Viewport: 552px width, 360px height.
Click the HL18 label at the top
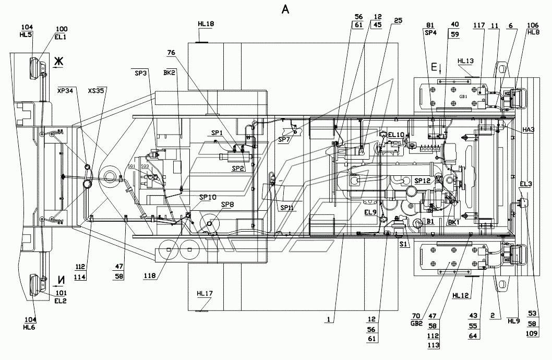(206, 24)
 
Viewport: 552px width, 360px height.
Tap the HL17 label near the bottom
(205, 293)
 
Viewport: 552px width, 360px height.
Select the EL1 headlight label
(61, 37)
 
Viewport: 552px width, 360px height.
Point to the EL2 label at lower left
(62, 301)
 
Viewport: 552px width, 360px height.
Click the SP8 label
(227, 204)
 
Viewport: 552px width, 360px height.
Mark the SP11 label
(286, 208)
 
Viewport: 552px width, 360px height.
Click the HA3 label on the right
(529, 129)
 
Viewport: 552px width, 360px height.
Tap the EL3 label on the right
(525, 183)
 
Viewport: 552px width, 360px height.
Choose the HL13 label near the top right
(465, 61)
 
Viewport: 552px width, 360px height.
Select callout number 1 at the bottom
(329, 318)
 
